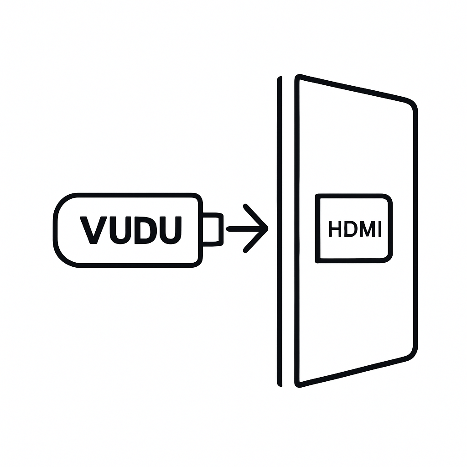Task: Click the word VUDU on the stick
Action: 131,229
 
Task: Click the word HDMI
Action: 355,229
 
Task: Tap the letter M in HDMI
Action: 366,229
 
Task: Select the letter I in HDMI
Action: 379,229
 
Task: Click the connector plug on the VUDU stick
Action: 213,229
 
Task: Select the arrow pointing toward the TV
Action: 247,228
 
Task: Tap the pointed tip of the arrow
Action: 266,228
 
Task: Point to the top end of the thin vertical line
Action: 280,78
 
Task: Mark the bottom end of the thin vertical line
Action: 280,384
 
